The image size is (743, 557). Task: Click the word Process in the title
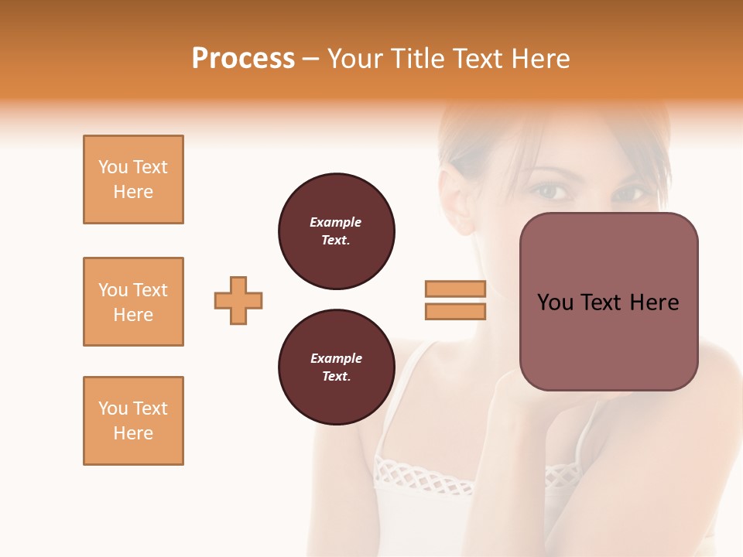coord(243,59)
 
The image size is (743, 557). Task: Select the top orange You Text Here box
coord(133,179)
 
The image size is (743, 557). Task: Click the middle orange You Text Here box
coord(133,302)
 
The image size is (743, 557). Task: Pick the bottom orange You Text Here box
coord(133,421)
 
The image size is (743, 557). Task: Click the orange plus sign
coord(238,300)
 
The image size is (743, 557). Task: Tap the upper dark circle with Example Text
coord(337,231)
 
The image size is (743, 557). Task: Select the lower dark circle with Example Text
coord(337,367)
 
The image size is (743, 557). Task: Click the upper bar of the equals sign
coord(456,289)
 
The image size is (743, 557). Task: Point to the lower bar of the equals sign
coord(456,311)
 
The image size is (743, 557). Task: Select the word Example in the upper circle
coord(335,222)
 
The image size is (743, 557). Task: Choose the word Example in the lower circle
coord(336,358)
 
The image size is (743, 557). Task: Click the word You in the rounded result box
coord(554,302)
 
